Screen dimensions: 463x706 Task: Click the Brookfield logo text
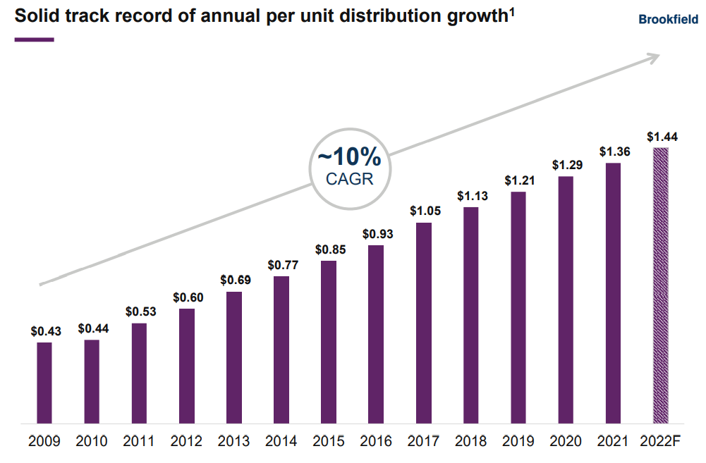(668, 20)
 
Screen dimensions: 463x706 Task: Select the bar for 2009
(44, 383)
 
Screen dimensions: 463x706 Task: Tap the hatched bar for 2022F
(661, 285)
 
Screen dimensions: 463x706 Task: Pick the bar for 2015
(329, 342)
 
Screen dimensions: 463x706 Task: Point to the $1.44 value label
(661, 137)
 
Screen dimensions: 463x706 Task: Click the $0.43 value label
(44, 331)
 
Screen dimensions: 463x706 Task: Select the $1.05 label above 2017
(424, 211)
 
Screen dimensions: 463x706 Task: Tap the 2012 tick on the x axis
(186, 442)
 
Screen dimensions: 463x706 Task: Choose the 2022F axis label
(661, 442)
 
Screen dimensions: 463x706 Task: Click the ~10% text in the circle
(349, 157)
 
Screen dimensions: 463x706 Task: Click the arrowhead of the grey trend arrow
(655, 56)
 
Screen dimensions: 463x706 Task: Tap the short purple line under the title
(34, 39)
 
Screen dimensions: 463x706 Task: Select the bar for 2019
(518, 308)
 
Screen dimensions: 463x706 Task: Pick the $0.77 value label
(281, 266)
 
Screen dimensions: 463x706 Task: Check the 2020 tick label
(566, 442)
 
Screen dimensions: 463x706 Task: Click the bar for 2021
(614, 293)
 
